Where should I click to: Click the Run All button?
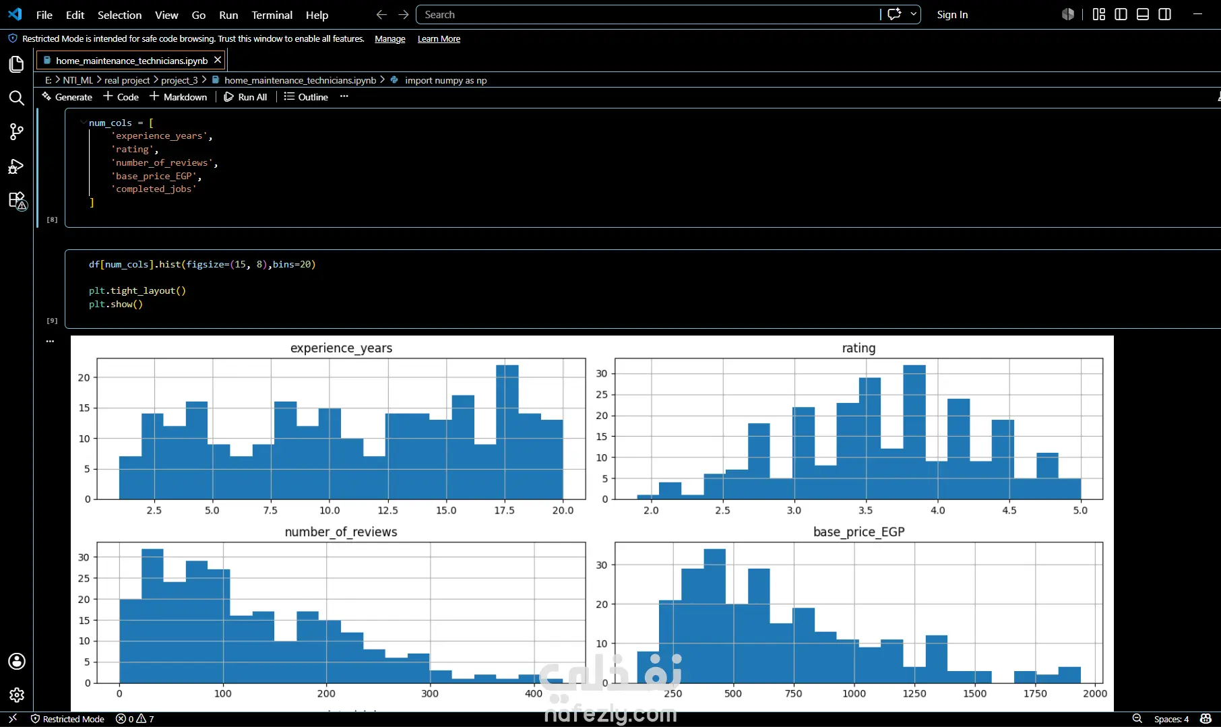(245, 97)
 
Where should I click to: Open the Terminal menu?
(272, 15)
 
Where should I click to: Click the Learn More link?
(439, 39)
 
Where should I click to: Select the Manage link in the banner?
(390, 39)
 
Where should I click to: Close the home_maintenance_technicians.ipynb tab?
(218, 60)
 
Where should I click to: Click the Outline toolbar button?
(306, 97)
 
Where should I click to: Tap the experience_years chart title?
(341, 348)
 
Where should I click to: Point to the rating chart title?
(858, 348)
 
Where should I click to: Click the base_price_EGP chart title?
(858, 532)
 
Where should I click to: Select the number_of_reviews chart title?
(341, 532)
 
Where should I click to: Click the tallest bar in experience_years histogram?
(507, 432)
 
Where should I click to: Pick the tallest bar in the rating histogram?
(914, 432)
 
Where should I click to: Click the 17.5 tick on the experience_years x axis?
(504, 510)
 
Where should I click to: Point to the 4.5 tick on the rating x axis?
(1009, 510)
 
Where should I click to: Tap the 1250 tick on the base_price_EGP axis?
(914, 693)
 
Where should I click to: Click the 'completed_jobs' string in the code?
(154, 189)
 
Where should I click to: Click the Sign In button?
(952, 15)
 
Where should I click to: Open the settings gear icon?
(17, 695)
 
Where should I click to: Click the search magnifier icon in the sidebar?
(17, 98)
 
